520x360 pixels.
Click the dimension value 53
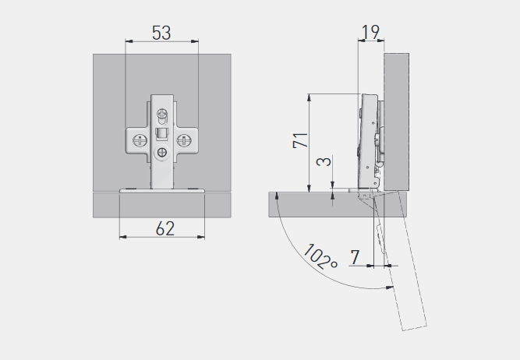(x=161, y=33)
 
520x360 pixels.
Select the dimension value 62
(x=164, y=228)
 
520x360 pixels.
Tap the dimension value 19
(x=370, y=32)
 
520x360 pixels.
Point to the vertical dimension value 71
(x=301, y=140)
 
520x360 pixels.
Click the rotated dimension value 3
(x=324, y=161)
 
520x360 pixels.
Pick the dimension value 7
(x=355, y=257)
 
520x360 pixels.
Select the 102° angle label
(x=320, y=256)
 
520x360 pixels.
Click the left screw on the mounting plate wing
(x=140, y=140)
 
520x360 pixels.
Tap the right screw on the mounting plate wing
(x=182, y=140)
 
